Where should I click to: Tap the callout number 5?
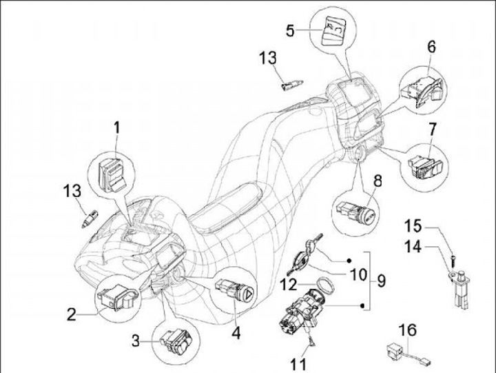[291, 30]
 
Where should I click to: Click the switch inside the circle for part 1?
[111, 172]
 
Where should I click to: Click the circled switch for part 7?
[420, 164]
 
